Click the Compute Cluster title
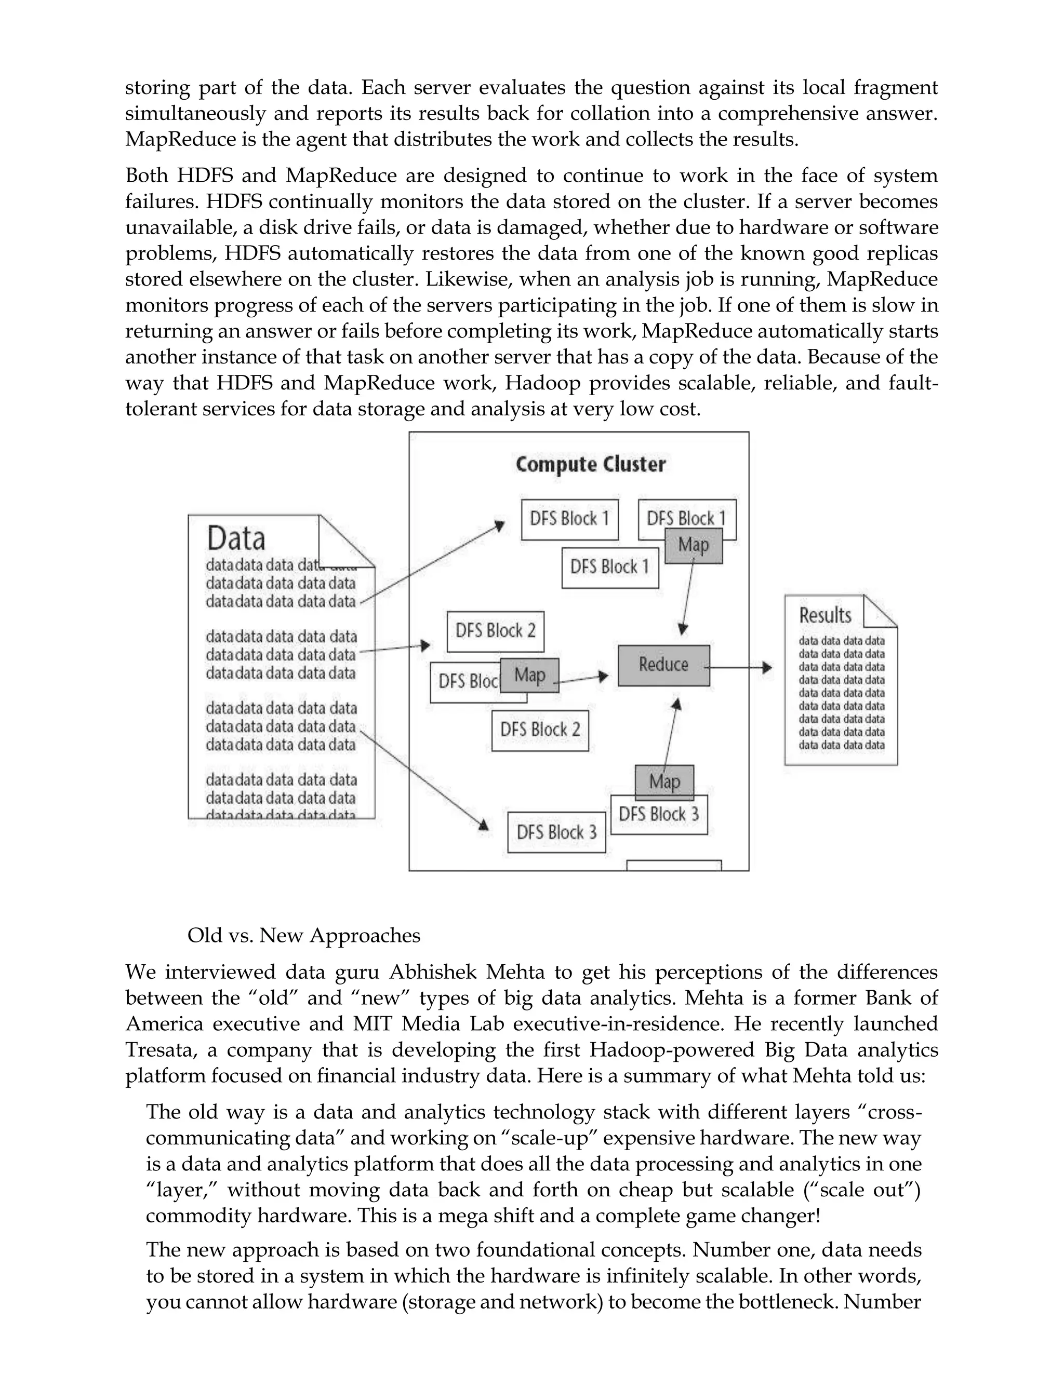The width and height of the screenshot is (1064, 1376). pos(591,465)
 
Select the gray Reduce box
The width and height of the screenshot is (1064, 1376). pos(663,665)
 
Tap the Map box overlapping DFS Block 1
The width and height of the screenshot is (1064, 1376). pos(694,546)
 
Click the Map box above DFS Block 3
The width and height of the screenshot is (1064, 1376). pos(664,782)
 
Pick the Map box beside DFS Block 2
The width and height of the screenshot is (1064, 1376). pos(529,676)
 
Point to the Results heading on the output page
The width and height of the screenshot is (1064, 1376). pos(825,615)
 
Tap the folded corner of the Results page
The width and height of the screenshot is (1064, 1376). pos(880,611)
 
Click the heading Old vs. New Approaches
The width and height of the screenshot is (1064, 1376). pos(303,935)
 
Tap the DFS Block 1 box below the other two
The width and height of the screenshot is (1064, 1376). pos(609,568)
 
